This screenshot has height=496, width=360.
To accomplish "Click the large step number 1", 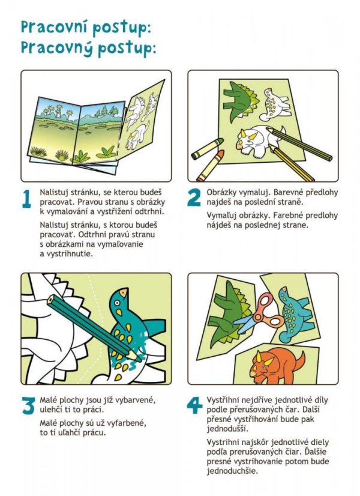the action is pyautogui.click(x=27, y=199).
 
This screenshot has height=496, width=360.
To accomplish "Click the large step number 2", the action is pyautogui.click(x=194, y=198).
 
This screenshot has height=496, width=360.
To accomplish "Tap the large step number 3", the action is pyautogui.click(x=28, y=405).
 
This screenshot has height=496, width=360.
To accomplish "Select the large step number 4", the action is pyautogui.click(x=194, y=405).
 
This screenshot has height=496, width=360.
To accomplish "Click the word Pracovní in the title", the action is pyautogui.click(x=53, y=27).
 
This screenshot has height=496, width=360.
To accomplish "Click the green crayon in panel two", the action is pyautogui.click(x=207, y=149).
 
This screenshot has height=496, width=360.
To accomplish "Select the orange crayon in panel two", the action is pyautogui.click(x=210, y=166).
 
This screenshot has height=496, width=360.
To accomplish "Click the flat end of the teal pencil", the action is pyautogui.click(x=50, y=299).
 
